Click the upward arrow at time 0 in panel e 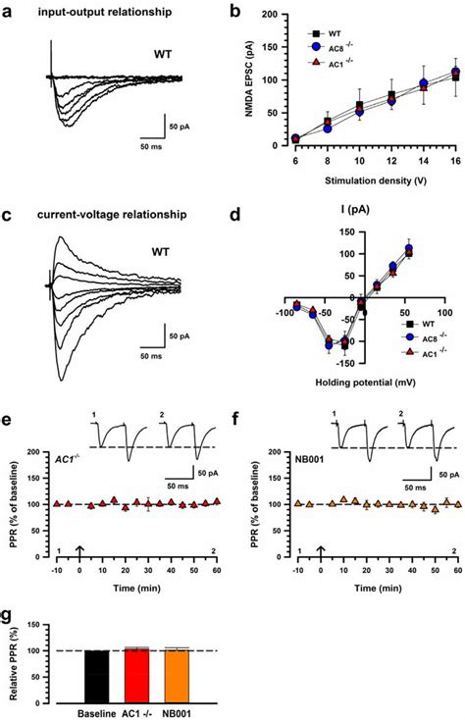coord(79,552)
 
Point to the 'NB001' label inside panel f coord(310,459)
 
